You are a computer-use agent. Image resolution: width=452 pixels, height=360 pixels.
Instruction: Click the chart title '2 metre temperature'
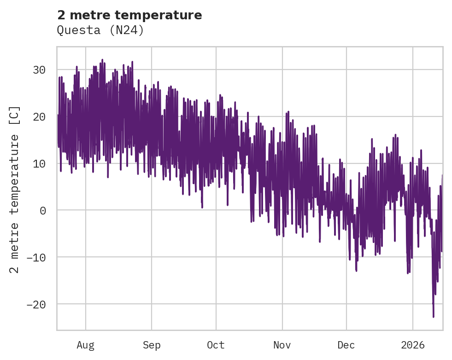pyautogui.click(x=129, y=15)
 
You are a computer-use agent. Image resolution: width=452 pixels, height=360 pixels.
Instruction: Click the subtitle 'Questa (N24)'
pyautogui.click(x=100, y=30)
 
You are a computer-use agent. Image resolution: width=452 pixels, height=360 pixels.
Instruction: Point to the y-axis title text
pyautogui.click(x=15, y=189)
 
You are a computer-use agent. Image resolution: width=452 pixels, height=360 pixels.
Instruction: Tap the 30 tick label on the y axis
pyautogui.click(x=39, y=70)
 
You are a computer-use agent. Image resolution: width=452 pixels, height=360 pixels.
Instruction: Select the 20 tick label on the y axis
pyautogui.click(x=39, y=117)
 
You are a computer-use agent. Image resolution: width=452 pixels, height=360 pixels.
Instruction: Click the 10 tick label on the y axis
pyautogui.click(x=39, y=164)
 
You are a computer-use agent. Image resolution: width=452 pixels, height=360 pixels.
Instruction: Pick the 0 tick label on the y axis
pyautogui.click(x=43, y=210)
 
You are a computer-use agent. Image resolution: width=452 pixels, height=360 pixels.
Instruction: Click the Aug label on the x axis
pyautogui.click(x=85, y=345)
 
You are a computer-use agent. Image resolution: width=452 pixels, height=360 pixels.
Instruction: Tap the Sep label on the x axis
pyautogui.click(x=151, y=345)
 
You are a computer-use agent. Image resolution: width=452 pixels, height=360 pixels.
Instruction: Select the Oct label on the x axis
pyautogui.click(x=216, y=345)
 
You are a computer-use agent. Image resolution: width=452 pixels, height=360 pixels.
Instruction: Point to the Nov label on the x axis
pyautogui.click(x=282, y=345)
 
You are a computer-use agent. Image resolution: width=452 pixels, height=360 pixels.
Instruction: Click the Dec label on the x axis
pyautogui.click(x=346, y=345)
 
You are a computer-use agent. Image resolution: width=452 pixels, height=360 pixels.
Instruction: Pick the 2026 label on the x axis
pyautogui.click(x=413, y=345)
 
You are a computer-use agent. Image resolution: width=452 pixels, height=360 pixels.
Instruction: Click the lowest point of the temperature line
pyautogui.click(x=433, y=317)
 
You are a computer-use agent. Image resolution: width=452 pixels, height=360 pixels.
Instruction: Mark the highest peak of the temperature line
pyautogui.click(x=102, y=59)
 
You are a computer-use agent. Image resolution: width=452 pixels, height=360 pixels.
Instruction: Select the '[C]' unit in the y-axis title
pyautogui.click(x=15, y=115)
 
